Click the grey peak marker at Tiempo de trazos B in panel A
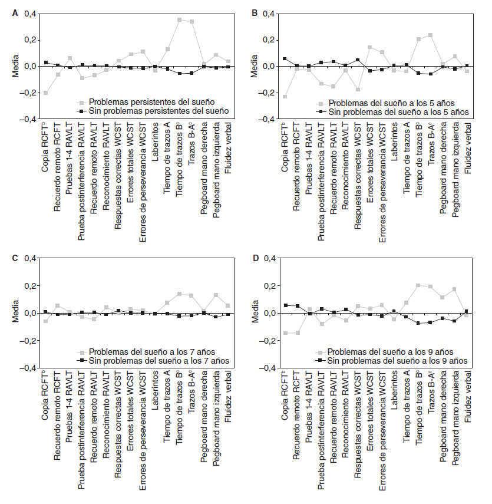point(180,19)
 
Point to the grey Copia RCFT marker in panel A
point(46,93)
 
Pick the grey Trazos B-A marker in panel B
point(430,35)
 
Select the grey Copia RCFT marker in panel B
point(285,97)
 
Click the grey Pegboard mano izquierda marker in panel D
point(454,289)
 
